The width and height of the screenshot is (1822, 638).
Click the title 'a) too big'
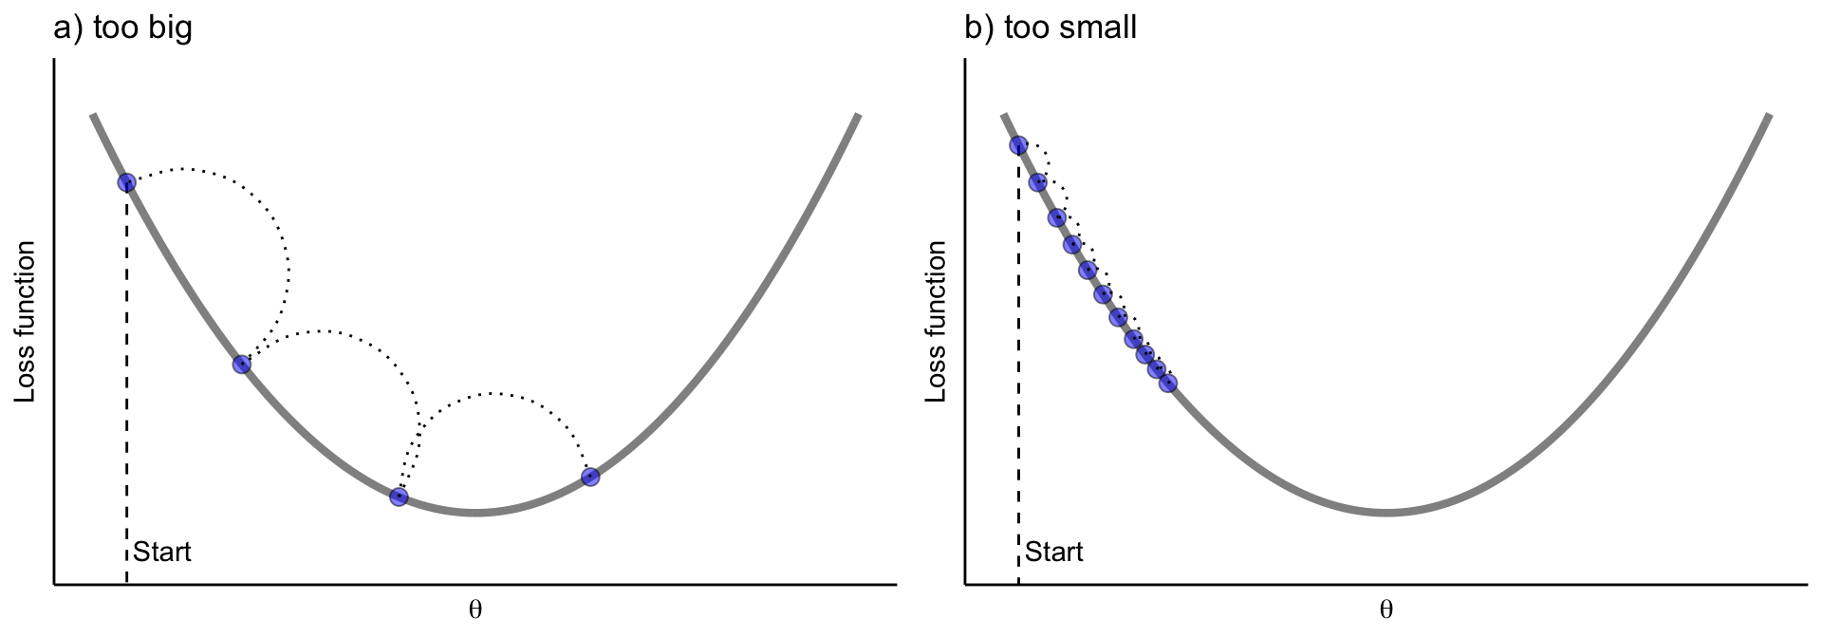(x=123, y=28)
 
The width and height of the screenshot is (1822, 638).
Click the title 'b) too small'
(x=1050, y=28)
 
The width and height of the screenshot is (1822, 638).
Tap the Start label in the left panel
(x=162, y=552)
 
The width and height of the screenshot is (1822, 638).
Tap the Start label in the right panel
(x=1054, y=552)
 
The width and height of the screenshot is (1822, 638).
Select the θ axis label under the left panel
(x=475, y=610)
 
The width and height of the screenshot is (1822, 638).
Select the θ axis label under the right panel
(x=1386, y=610)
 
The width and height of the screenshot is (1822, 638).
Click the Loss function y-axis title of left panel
(x=26, y=321)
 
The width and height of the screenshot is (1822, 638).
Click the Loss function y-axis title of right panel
(x=937, y=321)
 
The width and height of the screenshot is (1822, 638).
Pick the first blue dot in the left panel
(x=126, y=182)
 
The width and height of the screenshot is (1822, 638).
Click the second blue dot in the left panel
(x=242, y=364)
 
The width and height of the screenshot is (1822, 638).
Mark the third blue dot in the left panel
(x=399, y=497)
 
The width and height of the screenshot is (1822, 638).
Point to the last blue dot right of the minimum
(x=590, y=477)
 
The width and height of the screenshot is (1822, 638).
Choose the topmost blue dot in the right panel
(x=1018, y=145)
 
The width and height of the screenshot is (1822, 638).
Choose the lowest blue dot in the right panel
(x=1168, y=384)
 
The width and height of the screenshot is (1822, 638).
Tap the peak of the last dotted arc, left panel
(x=493, y=392)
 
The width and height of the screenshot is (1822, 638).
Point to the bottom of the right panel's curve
(x=1386, y=513)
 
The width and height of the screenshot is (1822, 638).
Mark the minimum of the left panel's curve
(x=475, y=513)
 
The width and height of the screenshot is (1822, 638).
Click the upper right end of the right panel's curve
(x=1768, y=117)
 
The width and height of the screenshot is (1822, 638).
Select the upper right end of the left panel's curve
(x=857, y=117)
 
